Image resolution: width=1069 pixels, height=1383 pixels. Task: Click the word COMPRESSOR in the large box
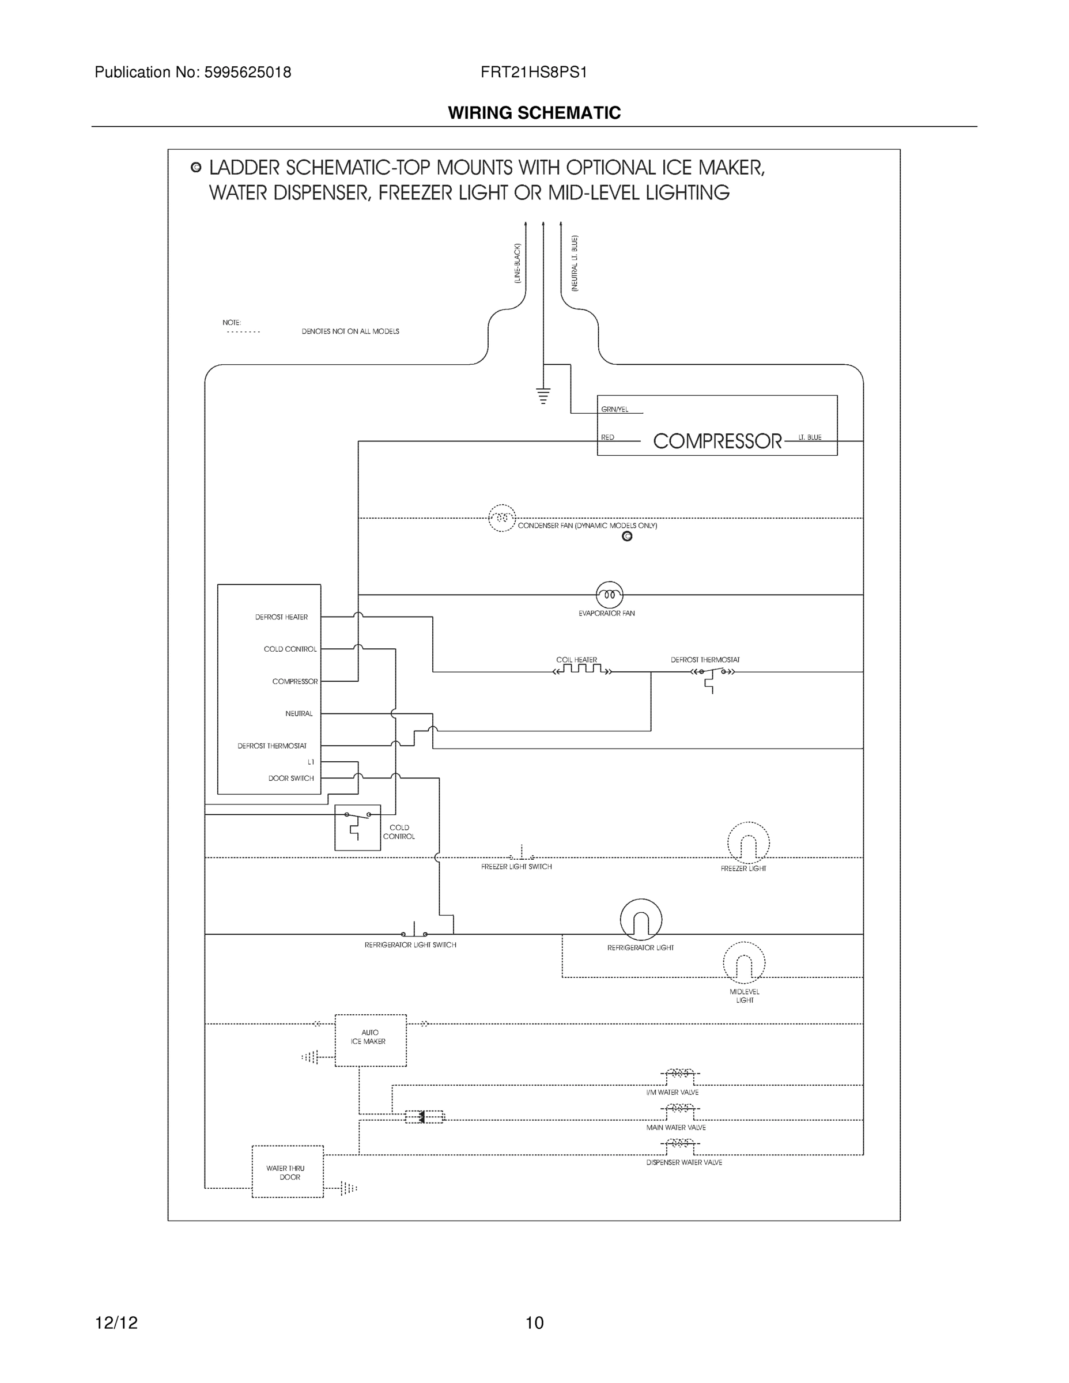[x=717, y=441]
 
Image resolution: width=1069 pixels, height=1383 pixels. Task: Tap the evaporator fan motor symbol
[x=609, y=595]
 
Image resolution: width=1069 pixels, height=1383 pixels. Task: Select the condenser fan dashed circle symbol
[x=501, y=518]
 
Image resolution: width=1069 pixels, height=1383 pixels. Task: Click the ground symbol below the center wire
[x=543, y=396]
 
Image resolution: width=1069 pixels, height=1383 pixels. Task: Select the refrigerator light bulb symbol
[x=641, y=920]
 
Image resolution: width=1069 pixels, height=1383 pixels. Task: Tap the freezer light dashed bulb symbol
[x=748, y=843]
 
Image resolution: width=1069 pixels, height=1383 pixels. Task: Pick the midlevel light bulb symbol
[x=743, y=963]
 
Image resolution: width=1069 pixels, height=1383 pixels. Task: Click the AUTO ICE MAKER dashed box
[x=371, y=1040]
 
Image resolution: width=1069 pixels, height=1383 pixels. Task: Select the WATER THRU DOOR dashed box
[x=288, y=1172]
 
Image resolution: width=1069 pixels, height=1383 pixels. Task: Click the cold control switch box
[x=357, y=827]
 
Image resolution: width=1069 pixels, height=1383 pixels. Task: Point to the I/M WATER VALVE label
[x=672, y=1093]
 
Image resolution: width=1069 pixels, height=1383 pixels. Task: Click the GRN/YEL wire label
[x=614, y=410]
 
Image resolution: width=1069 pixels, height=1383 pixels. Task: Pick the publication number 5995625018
[x=247, y=73]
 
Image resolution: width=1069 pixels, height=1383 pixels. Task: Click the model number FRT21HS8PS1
[x=533, y=73]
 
